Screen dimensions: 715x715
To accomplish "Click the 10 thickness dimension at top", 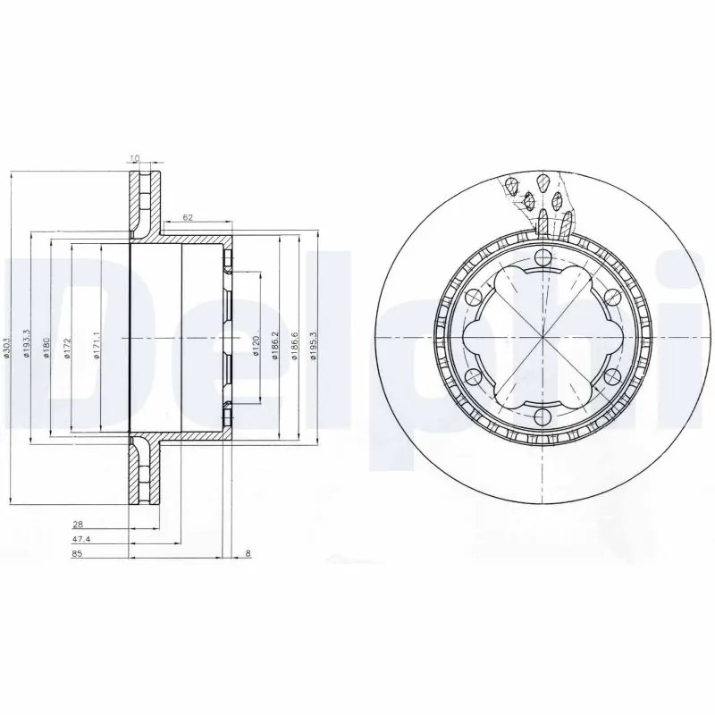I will click(135, 159).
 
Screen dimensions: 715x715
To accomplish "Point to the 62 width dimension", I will click(188, 217).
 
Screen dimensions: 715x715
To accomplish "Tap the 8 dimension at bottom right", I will click(246, 554).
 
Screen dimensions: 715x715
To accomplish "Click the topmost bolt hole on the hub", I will click(542, 259).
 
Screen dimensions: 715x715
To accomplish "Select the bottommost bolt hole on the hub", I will click(542, 416).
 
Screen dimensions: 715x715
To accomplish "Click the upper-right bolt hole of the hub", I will click(610, 298).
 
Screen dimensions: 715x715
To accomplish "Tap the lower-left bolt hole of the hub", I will click(474, 377).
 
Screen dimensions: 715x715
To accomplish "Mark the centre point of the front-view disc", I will click(542, 338).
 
